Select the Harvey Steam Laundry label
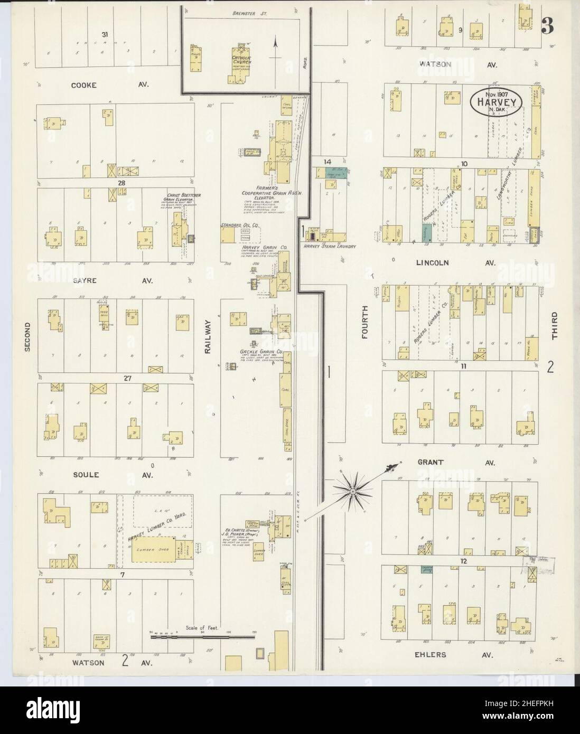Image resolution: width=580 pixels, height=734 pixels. (x=329, y=246)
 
